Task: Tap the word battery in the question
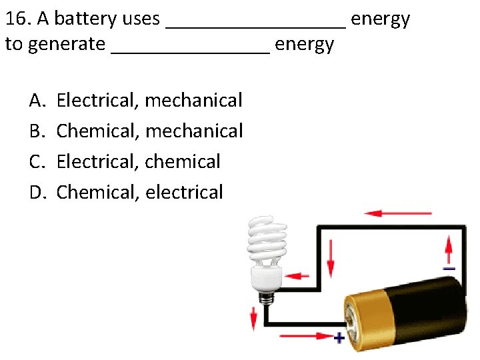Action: click(85, 19)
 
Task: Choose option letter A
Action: click(36, 101)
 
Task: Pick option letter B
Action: click(36, 131)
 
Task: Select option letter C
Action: click(36, 162)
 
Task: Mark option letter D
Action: click(37, 193)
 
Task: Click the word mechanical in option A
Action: click(193, 101)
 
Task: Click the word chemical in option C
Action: click(182, 162)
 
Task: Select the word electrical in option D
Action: click(183, 193)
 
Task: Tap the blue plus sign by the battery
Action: click(339, 337)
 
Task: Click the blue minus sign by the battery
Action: click(449, 268)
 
